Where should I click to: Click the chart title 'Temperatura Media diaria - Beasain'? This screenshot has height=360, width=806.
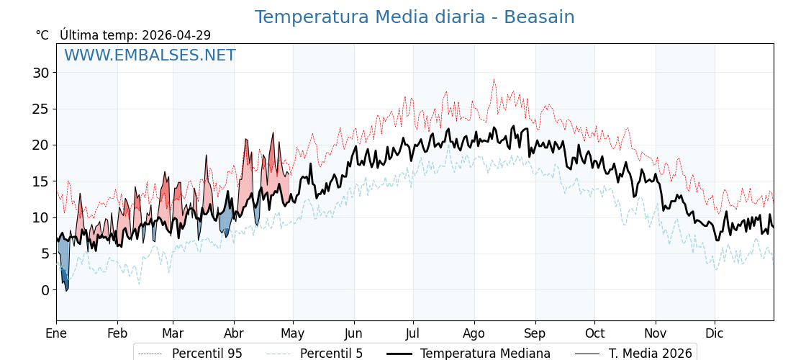pos(415,17)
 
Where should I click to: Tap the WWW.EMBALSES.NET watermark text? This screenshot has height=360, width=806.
pos(150,55)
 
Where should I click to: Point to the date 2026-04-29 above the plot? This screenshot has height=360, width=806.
pos(176,35)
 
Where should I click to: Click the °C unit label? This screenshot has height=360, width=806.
pos(42,35)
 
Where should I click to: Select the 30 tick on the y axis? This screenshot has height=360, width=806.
pos(40,73)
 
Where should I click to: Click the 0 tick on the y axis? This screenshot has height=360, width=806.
pos(45,290)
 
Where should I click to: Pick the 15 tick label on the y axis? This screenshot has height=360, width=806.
pos(40,181)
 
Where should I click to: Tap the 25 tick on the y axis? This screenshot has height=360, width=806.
pos(40,109)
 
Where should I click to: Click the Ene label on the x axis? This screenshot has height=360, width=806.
pos(56,333)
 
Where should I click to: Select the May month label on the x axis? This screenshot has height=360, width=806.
pos(292,333)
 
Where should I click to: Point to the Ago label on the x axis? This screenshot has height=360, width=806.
pos(474,333)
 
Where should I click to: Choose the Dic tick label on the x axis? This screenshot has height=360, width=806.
pos(715,333)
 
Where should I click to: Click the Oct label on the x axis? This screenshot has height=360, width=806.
pos(594,333)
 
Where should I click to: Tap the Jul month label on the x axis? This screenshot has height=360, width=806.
pos(413,333)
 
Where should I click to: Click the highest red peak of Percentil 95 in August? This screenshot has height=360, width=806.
pos(494,80)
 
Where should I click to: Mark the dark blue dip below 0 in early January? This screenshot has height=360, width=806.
pos(66,287)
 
